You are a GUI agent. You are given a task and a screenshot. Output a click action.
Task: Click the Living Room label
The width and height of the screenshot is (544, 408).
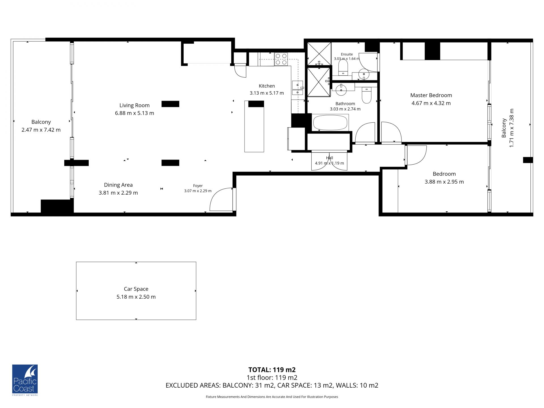(134, 105)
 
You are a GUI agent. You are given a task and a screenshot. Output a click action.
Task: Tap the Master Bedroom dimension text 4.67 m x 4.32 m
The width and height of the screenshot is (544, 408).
(431, 103)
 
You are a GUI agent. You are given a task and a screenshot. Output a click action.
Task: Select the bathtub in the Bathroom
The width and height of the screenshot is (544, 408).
(330, 122)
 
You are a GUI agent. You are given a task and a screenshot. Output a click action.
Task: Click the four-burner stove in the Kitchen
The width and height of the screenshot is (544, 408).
(281, 59)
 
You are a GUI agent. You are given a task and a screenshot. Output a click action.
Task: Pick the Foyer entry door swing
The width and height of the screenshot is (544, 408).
(221, 199)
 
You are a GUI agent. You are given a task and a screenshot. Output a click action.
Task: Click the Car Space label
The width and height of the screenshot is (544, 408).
(136, 289)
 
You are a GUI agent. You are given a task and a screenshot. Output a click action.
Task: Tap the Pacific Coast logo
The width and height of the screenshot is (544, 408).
(25, 380)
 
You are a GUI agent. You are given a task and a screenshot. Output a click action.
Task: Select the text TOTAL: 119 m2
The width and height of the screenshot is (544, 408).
(272, 370)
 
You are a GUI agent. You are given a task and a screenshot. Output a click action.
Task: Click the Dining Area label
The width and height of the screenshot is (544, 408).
(118, 185)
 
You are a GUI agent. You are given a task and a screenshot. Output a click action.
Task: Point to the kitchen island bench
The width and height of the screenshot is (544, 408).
(254, 126)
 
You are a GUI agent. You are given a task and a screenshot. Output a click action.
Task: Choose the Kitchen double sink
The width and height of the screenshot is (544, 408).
(297, 88)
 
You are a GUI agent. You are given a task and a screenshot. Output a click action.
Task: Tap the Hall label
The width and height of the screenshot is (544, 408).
(330, 158)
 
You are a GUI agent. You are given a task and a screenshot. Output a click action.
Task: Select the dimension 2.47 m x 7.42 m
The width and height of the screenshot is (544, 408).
(41, 130)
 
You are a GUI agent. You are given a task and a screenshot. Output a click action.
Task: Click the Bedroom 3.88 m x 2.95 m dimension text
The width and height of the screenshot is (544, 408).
(444, 182)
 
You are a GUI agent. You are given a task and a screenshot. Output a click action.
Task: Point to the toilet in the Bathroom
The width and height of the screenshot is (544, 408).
(367, 96)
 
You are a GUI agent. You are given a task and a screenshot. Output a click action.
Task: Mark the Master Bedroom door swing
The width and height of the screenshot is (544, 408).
(391, 132)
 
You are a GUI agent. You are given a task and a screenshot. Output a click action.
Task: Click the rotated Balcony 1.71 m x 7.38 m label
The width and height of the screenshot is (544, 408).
(507, 128)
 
